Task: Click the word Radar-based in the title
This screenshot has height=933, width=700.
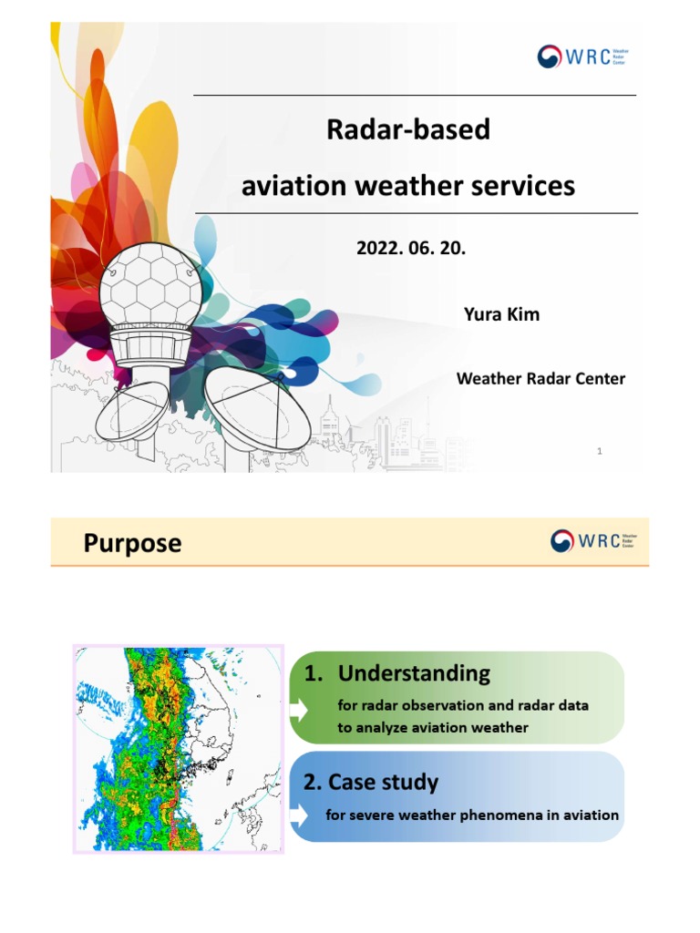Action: click(x=408, y=130)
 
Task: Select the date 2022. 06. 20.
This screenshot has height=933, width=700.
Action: click(x=411, y=248)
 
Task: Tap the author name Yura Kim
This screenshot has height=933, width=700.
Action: click(x=501, y=314)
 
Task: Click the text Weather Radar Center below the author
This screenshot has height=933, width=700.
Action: click(x=540, y=379)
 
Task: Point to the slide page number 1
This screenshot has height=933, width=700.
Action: click(x=600, y=451)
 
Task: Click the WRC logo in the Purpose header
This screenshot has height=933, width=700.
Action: click(x=593, y=541)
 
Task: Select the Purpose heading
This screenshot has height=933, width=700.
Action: click(x=132, y=543)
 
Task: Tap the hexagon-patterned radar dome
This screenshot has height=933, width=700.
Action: click(x=150, y=287)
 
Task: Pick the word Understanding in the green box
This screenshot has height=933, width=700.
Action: click(x=413, y=674)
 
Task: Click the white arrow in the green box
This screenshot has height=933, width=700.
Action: click(x=299, y=711)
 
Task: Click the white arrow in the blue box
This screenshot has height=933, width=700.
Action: click(x=299, y=815)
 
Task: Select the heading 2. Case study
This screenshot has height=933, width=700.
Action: click(x=371, y=782)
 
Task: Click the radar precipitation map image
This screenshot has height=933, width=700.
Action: click(x=179, y=749)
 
